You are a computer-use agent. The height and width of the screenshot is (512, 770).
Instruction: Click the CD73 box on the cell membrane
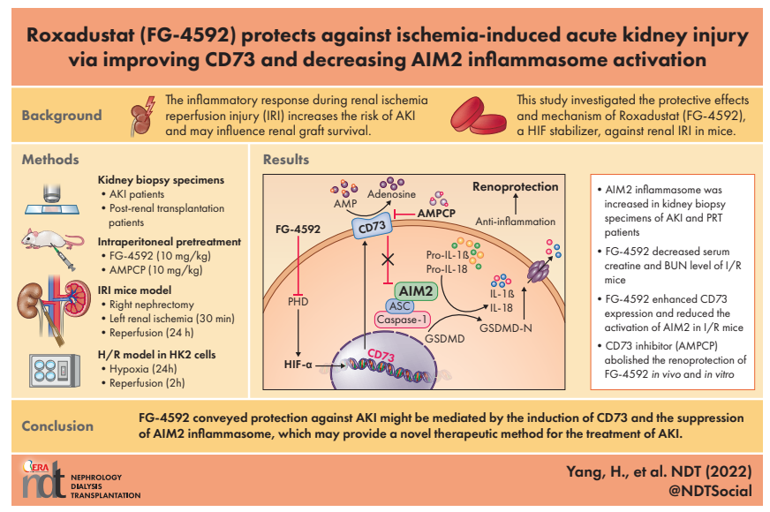coord(373,227)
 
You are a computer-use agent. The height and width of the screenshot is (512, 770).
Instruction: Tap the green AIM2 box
coord(415,291)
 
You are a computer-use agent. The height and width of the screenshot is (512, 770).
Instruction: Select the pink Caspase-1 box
coord(402,320)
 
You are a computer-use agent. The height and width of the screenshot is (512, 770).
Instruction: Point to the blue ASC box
coord(400,305)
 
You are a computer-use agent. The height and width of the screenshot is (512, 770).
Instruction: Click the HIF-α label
coord(298,365)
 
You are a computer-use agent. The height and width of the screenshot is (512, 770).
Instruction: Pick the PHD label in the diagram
coord(298,301)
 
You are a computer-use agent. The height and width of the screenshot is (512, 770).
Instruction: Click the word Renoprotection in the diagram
coord(515,186)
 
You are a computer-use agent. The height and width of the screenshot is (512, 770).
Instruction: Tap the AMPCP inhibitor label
coord(436,214)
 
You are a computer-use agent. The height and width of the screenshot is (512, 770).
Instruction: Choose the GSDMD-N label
coord(505,328)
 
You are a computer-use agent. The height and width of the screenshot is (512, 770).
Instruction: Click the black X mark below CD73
coord(388,259)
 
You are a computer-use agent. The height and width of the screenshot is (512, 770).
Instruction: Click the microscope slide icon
coord(52,200)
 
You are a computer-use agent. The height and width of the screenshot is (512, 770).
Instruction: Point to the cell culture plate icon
coord(54,371)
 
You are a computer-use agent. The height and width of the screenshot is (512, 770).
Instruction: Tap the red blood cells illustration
coord(478,116)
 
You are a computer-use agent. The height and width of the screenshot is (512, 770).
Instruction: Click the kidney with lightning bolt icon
coord(143,116)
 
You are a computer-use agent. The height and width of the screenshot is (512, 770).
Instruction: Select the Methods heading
coord(50,160)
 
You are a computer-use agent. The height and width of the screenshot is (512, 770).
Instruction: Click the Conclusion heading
coord(57,426)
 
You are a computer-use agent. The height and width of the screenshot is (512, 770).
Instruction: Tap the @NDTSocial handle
coord(710,491)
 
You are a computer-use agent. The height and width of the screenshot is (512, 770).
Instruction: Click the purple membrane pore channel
coord(538,270)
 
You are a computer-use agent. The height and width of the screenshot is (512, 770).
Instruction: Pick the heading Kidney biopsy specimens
coord(161,180)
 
